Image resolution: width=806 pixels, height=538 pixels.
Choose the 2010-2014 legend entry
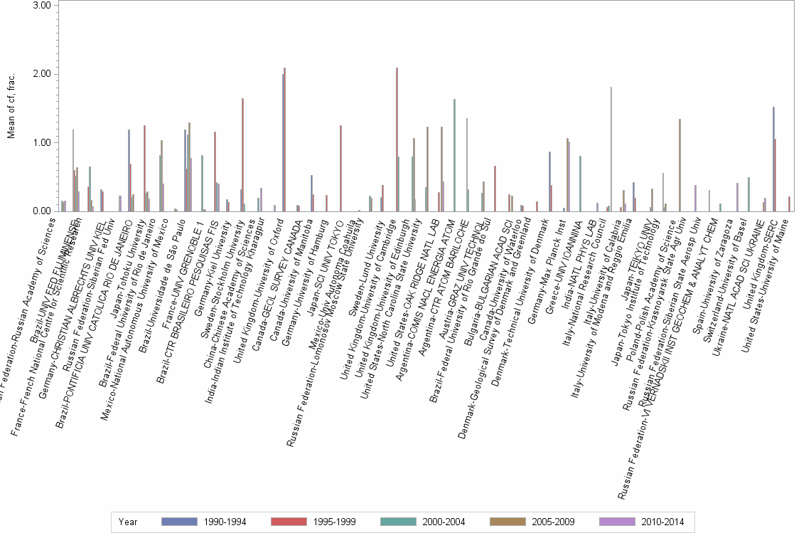point(662,522)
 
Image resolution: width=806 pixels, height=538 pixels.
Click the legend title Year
point(128,522)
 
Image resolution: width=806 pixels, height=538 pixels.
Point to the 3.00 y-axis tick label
point(43,6)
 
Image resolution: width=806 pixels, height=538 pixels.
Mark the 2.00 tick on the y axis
point(43,74)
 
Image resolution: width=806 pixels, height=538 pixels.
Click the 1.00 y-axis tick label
point(43,143)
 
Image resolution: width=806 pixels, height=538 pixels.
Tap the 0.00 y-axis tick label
point(43,211)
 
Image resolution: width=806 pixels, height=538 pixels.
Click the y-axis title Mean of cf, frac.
point(11,107)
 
